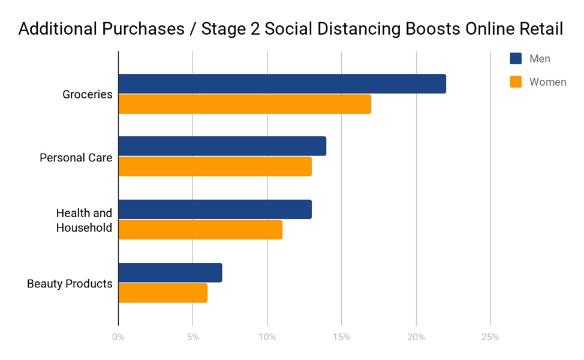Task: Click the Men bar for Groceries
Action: (x=282, y=84)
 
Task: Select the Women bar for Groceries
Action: (x=245, y=104)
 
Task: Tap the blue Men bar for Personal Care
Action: (x=222, y=146)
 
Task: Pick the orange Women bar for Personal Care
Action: (x=215, y=167)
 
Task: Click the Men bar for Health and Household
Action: (x=215, y=209)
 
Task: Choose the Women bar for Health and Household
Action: (x=200, y=230)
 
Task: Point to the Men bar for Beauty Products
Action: (x=170, y=272)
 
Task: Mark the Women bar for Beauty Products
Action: (x=162, y=293)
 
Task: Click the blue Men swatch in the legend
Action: (x=516, y=59)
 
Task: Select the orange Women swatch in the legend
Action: (x=516, y=82)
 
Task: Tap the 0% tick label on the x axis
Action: (x=118, y=337)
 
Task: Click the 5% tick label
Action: (x=192, y=337)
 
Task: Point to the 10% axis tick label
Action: (x=267, y=337)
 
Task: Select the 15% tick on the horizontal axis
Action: (x=341, y=337)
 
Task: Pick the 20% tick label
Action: (x=416, y=337)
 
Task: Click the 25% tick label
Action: (x=490, y=337)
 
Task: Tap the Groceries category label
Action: (x=88, y=94)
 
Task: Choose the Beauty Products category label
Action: (x=70, y=283)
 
